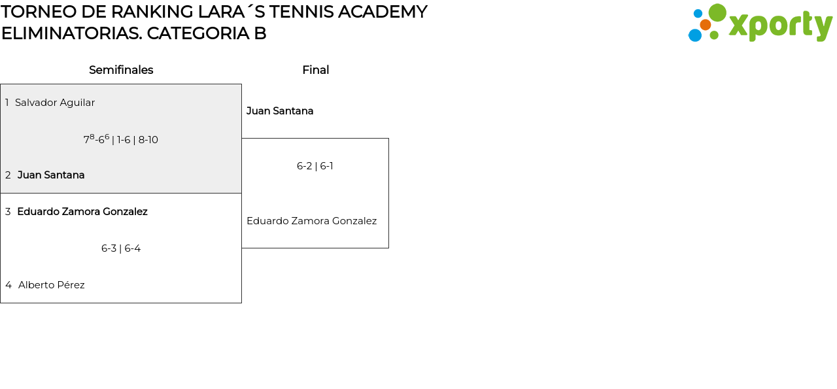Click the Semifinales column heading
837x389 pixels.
pyautogui.click(x=121, y=70)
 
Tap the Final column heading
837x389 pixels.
pyautogui.click(x=315, y=70)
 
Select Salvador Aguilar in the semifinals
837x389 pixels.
pyautogui.click(x=55, y=103)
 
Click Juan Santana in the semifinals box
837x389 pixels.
pyautogui.click(x=51, y=175)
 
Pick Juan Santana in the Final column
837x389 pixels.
pyautogui.click(x=280, y=111)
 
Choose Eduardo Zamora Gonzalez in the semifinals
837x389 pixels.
pyautogui.click(x=82, y=212)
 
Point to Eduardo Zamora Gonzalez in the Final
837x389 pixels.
pyautogui.click(x=311, y=221)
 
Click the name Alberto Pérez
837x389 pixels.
pyautogui.click(x=52, y=285)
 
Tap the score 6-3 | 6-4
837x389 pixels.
pyautogui.click(x=121, y=248)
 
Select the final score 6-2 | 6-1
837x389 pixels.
pyautogui.click(x=315, y=166)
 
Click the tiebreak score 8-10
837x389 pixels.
pyautogui.click(x=148, y=140)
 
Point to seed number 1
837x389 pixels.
pyautogui.click(x=7, y=103)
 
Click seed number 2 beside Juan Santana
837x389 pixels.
pyautogui.click(x=8, y=175)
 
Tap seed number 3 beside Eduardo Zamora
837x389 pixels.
pyautogui.click(x=8, y=212)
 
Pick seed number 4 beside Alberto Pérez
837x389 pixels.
pyautogui.click(x=9, y=285)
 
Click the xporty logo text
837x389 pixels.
pyautogui.click(x=780, y=25)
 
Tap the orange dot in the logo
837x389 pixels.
pyautogui.click(x=705, y=25)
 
